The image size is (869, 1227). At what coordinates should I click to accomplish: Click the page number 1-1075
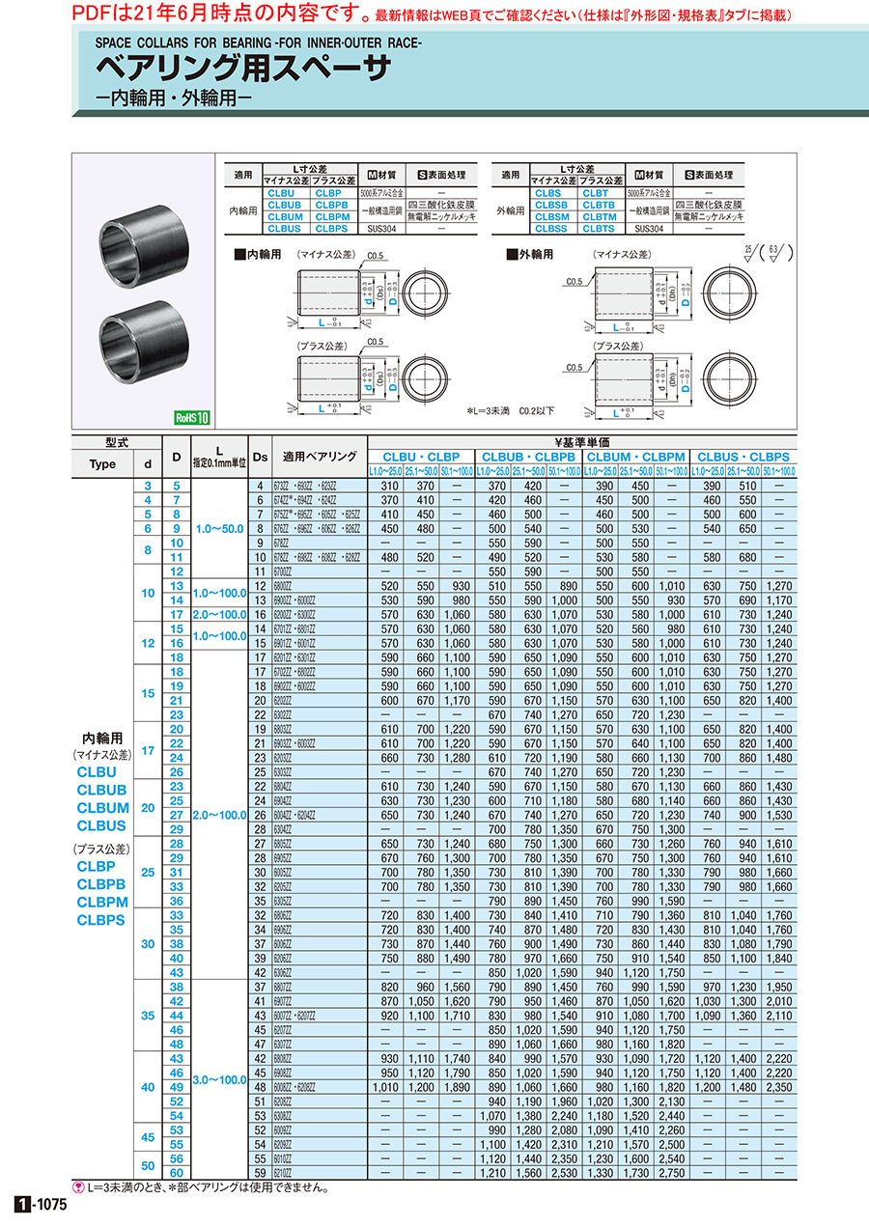pyautogui.click(x=41, y=1205)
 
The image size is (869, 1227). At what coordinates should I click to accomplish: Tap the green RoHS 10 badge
pyautogui.click(x=191, y=418)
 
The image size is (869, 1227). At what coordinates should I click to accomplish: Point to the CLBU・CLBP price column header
pyautogui.click(x=421, y=456)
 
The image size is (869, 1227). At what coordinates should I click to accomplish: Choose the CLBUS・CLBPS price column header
pyautogui.click(x=743, y=456)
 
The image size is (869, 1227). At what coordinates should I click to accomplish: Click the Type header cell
pyautogui.click(x=102, y=463)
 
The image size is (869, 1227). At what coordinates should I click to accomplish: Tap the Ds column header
pyautogui.click(x=260, y=457)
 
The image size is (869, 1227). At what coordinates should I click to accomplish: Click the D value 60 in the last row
pyautogui.click(x=177, y=1172)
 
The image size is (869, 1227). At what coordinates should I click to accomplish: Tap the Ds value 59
pyautogui.click(x=259, y=1172)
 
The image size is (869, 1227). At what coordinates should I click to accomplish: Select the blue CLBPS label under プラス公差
pyautogui.click(x=100, y=920)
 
